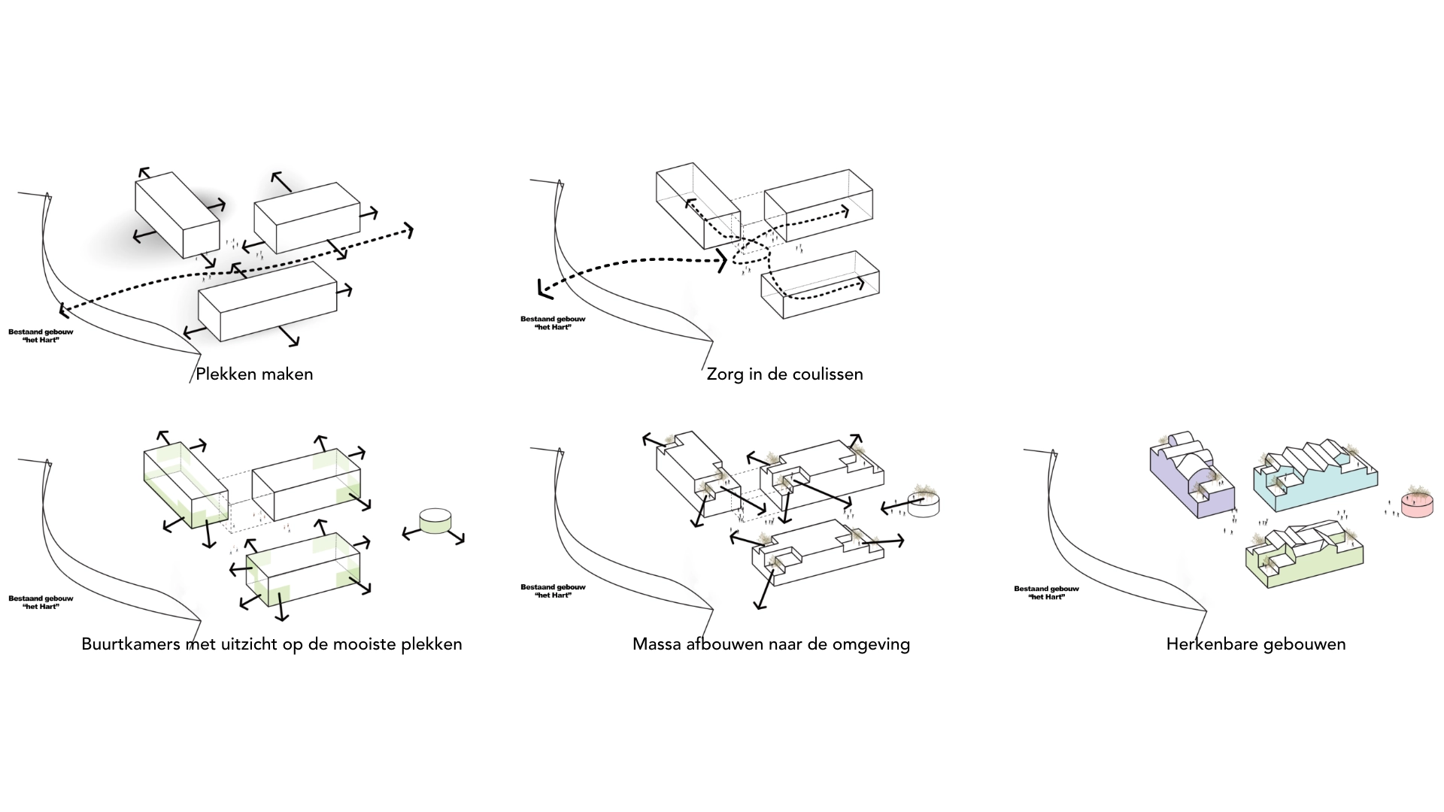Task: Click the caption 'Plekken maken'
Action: [254, 374]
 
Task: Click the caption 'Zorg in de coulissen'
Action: [784, 374]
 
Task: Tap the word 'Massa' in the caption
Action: [657, 644]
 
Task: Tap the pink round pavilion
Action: [1416, 506]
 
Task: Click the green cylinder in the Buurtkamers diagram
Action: [435, 521]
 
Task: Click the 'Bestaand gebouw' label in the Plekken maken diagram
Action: [41, 332]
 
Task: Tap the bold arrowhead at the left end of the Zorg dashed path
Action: [542, 289]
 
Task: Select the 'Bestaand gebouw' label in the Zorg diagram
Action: [553, 319]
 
